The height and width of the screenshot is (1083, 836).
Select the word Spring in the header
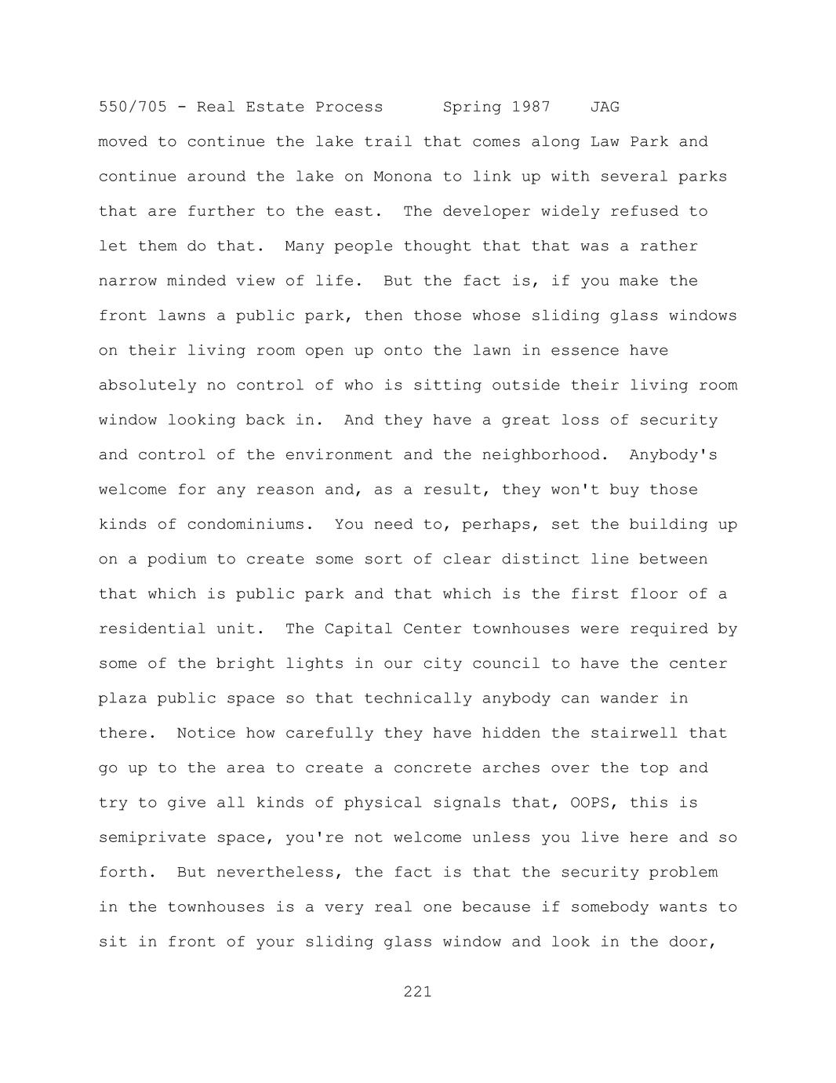[x=472, y=107]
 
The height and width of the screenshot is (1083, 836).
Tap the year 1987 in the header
[x=531, y=107]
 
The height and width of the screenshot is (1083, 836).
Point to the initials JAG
[x=605, y=107]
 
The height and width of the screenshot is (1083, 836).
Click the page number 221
[x=417, y=991]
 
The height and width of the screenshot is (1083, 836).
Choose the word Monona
[x=402, y=177]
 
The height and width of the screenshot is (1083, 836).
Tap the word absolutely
[x=147, y=385]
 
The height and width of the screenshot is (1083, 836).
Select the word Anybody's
[x=673, y=455]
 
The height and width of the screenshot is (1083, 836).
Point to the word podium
[x=176, y=560]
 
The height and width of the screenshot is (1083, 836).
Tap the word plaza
[x=122, y=698]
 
